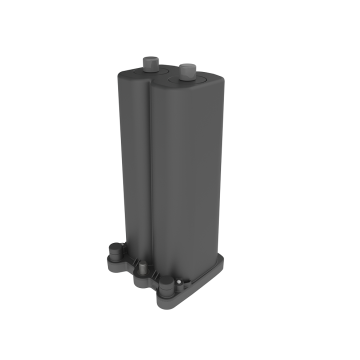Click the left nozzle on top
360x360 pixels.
pyautogui.click(x=151, y=64)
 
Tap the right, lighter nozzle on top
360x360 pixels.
pyautogui.click(x=186, y=72)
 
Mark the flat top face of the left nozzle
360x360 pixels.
pyautogui.click(x=151, y=59)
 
